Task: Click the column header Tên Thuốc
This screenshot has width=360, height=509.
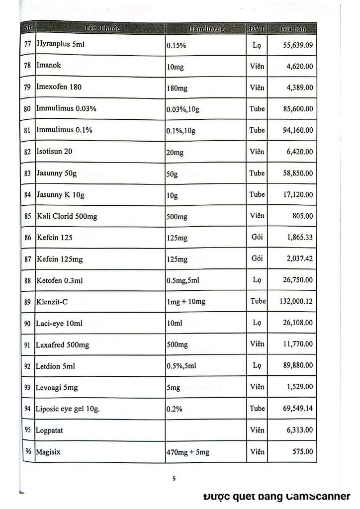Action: [99, 28]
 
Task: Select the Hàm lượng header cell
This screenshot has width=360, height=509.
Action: [206, 29]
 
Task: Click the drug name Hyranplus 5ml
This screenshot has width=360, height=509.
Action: [61, 44]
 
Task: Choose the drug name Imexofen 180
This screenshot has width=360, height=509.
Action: [59, 87]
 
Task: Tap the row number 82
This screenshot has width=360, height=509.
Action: [28, 152]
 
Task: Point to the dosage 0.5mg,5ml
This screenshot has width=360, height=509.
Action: [183, 281]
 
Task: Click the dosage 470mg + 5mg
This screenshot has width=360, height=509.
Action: [188, 453]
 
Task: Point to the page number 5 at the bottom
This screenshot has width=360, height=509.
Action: [174, 479]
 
